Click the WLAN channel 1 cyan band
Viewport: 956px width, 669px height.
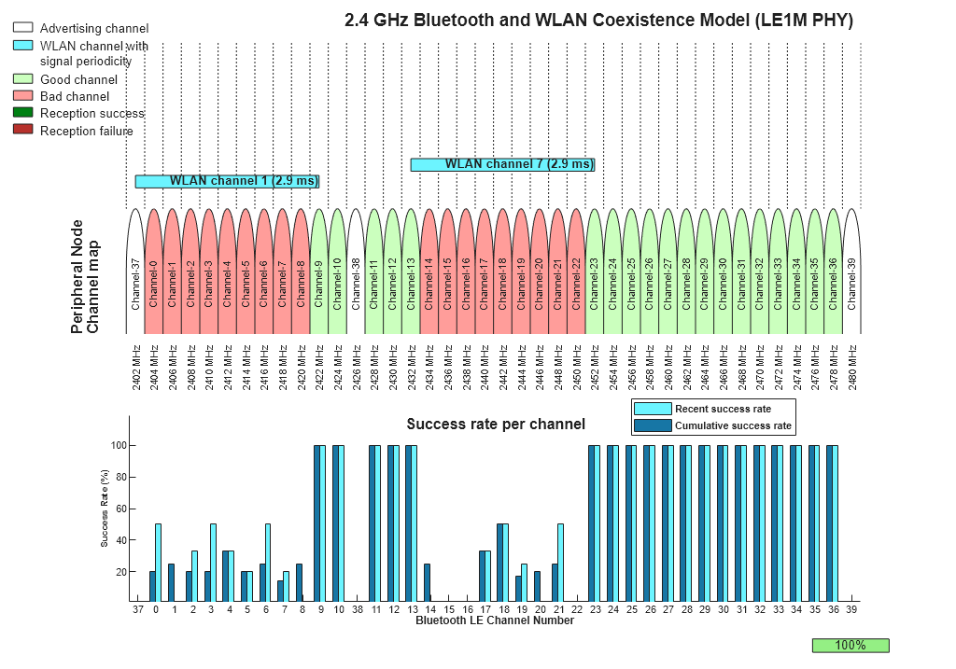click(x=227, y=181)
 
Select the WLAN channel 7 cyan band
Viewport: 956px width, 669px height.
click(x=502, y=164)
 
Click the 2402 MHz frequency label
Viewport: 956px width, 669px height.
click(x=136, y=366)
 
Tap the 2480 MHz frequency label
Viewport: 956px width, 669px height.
click(x=851, y=366)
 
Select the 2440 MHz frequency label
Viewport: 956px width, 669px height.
click(x=485, y=366)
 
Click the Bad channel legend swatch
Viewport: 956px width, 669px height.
click(x=23, y=96)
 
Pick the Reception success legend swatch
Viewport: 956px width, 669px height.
click(x=23, y=113)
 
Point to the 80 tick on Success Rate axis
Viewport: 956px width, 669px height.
click(x=119, y=477)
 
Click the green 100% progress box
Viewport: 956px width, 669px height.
click(x=851, y=645)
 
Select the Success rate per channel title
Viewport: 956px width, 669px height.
click(x=495, y=425)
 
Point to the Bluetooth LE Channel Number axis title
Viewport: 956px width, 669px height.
click(x=495, y=620)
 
